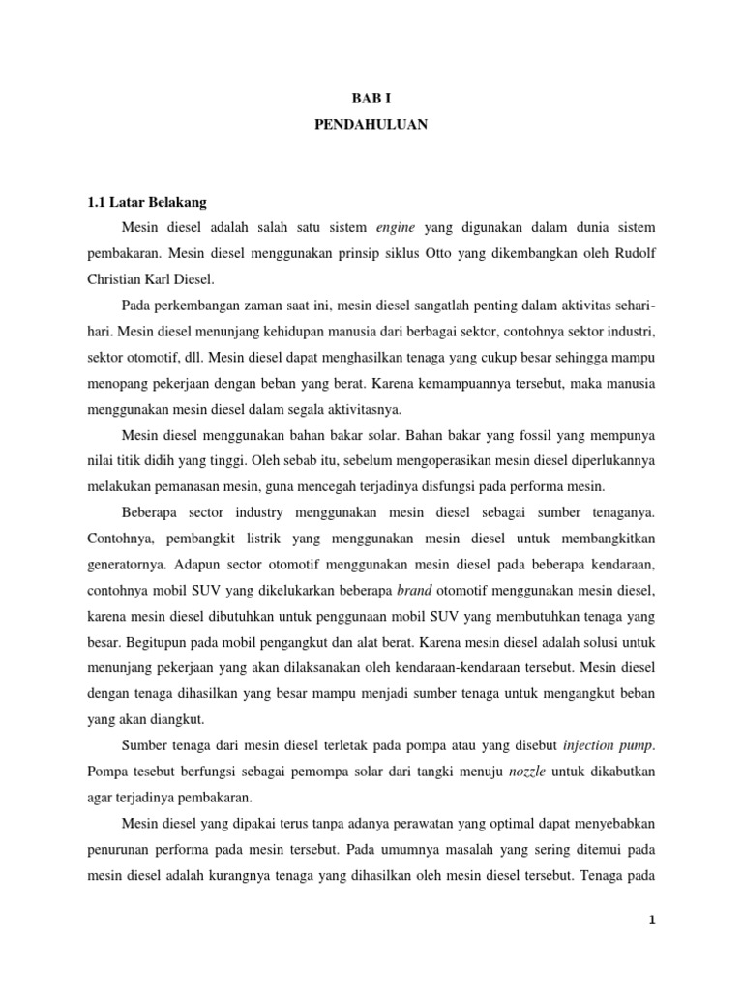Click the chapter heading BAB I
tap(371, 98)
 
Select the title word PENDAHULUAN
tap(371, 125)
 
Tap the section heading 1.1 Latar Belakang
tap(147, 203)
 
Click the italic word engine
tap(395, 228)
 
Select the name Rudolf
tap(631, 254)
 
